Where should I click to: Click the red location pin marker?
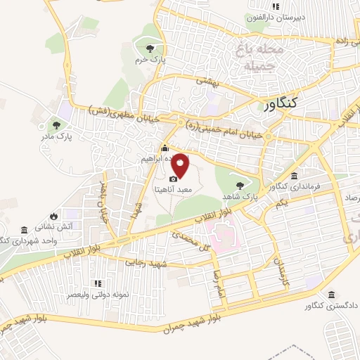click(181, 167)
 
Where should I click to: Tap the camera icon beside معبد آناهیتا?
click(173, 179)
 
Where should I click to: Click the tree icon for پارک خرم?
click(149, 48)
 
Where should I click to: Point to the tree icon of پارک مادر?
click(56, 124)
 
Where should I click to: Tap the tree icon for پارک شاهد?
click(241, 184)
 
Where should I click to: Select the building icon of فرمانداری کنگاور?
click(293, 176)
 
